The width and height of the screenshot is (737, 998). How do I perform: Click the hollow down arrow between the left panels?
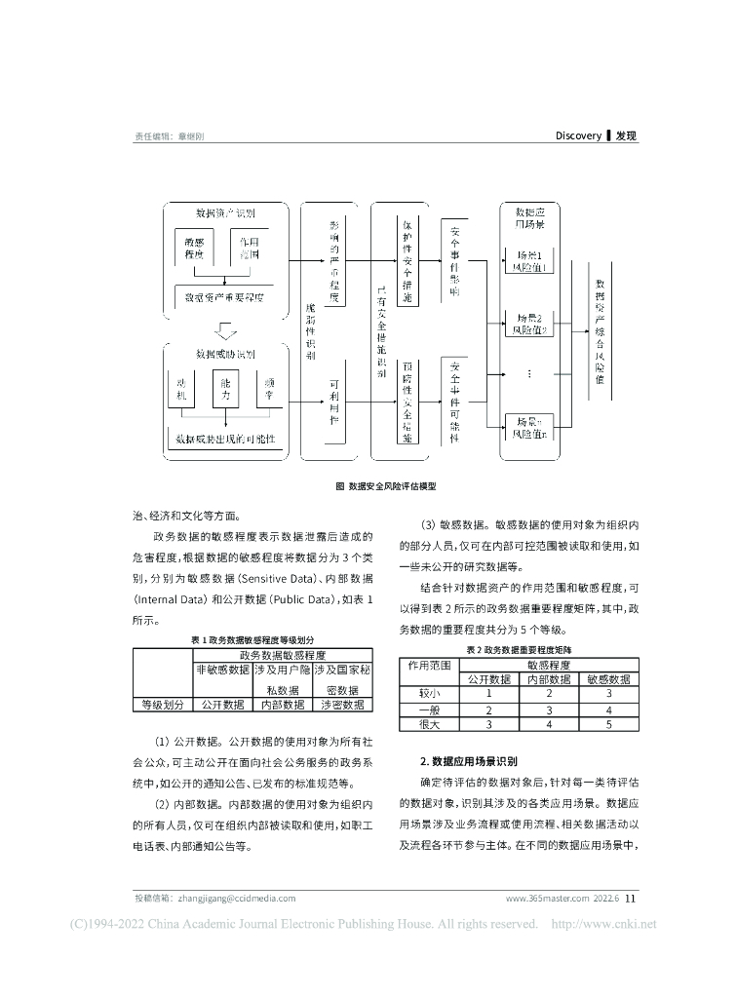click(224, 326)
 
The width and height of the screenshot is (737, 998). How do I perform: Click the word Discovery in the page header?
click(578, 136)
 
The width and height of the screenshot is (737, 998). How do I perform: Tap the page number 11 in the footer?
click(630, 898)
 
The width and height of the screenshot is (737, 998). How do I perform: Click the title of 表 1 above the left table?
click(253, 639)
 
